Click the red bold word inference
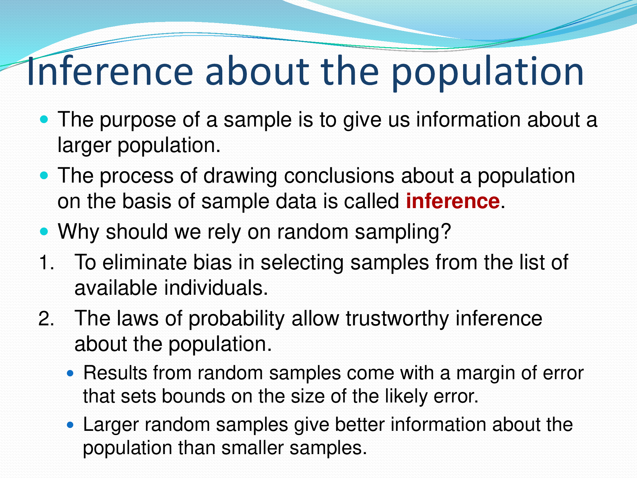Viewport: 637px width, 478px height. pyautogui.click(x=453, y=201)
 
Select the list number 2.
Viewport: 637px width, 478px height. pyautogui.click(x=47, y=318)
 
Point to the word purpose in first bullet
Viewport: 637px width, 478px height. pyautogui.click(x=138, y=120)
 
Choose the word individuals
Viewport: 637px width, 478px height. pyautogui.click(x=216, y=288)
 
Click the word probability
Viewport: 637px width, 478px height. pyautogui.click(x=236, y=319)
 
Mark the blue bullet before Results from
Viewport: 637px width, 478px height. pyautogui.click(x=70, y=373)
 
